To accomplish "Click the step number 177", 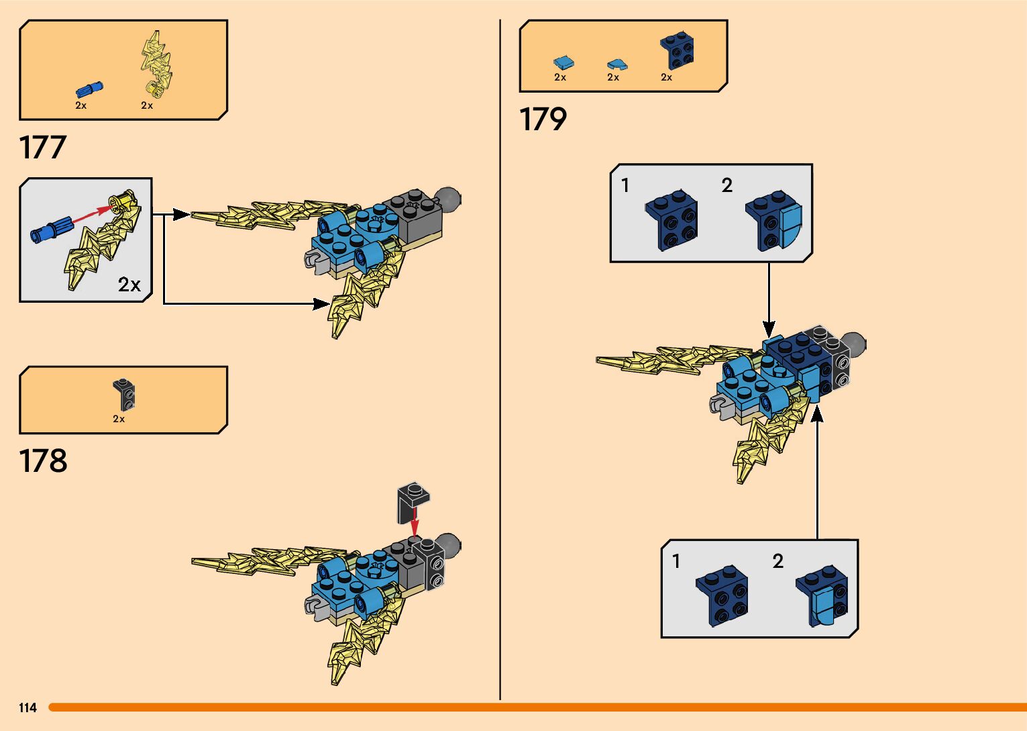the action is tap(43, 148).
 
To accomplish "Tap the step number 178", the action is tap(43, 461).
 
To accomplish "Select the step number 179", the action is tap(543, 119).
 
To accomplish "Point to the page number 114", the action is tap(28, 708).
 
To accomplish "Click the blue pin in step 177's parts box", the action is tap(89, 89).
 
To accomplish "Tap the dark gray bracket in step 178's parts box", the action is tap(124, 395).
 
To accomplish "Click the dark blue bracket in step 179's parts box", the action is tap(677, 51).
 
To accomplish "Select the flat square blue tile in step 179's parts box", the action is tap(563, 63).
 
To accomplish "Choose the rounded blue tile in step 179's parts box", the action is tap(616, 64).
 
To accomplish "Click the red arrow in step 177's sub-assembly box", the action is tap(91, 215).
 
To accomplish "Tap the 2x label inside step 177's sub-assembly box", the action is tap(129, 285).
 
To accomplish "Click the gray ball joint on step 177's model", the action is tap(448, 199).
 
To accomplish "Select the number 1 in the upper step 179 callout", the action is tap(625, 185).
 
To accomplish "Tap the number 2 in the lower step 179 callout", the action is tap(777, 561).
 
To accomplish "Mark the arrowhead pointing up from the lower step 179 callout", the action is tap(817, 414).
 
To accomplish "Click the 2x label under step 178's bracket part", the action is tap(119, 419).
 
